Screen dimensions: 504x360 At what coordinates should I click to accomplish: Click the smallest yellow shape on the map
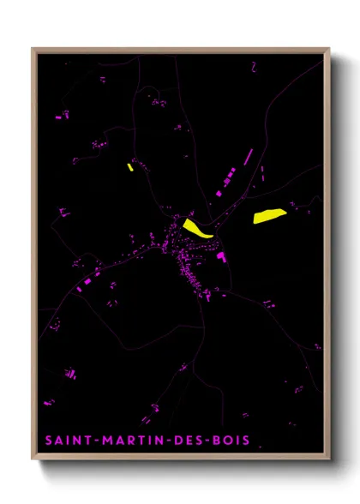[129, 167]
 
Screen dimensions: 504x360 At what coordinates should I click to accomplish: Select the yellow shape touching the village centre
[196, 228]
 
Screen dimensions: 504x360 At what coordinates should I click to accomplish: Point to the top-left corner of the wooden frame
[33, 49]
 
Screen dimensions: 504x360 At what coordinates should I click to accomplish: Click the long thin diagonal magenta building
[249, 157]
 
